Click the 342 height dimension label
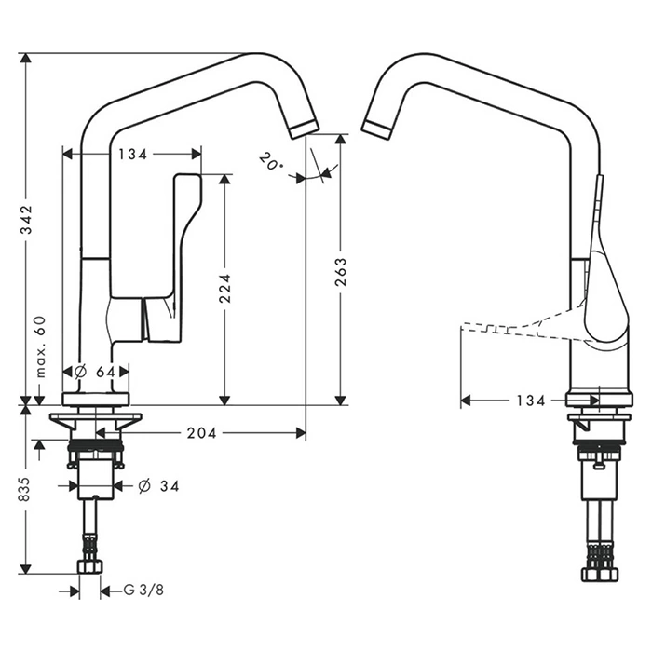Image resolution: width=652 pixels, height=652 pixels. click(x=27, y=221)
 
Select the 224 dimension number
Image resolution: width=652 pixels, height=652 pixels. click(x=224, y=291)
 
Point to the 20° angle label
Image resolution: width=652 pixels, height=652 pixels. click(x=269, y=162)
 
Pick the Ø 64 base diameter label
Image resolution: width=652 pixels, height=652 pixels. click(x=94, y=372)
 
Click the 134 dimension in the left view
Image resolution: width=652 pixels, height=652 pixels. click(x=131, y=154)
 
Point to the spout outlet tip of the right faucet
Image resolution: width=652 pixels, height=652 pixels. click(x=375, y=129)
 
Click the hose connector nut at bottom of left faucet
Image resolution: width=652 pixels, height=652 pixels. click(x=90, y=566)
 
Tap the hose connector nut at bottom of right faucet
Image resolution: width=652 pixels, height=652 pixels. click(x=599, y=572)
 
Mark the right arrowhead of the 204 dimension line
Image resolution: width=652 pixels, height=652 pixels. click(x=300, y=433)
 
